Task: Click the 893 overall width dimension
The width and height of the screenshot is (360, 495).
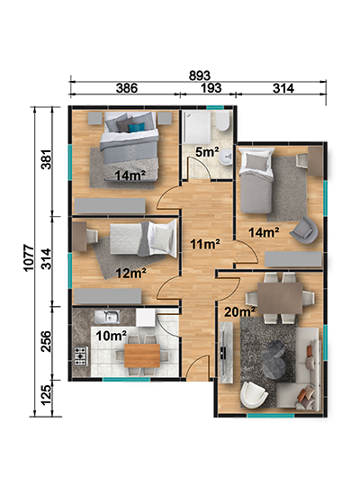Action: (x=200, y=76)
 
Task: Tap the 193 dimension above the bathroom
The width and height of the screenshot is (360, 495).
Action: (x=211, y=88)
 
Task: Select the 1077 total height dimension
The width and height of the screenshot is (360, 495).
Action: (x=29, y=257)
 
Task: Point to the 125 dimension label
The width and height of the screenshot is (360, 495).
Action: (x=46, y=394)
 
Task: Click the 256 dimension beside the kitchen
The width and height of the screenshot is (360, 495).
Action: (x=46, y=341)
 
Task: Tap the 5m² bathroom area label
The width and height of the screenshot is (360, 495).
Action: (x=207, y=152)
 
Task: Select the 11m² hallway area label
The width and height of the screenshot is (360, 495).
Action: (x=205, y=244)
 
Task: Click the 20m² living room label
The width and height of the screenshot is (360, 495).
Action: (x=239, y=312)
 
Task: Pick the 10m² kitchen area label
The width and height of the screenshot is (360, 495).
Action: (x=112, y=336)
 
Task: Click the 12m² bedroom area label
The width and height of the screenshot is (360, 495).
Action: (x=130, y=273)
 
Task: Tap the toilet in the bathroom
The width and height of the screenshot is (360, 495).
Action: (x=223, y=121)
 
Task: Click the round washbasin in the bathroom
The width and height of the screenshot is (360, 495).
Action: (x=226, y=157)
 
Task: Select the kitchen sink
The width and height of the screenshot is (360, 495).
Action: (x=107, y=317)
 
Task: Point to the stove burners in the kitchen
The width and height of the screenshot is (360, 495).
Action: (x=81, y=356)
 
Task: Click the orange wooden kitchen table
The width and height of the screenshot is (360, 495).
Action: (x=142, y=355)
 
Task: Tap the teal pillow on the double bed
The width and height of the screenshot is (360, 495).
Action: (x=137, y=128)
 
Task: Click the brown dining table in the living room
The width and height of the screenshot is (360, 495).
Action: (x=280, y=298)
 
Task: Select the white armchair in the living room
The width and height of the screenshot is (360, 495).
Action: (x=254, y=395)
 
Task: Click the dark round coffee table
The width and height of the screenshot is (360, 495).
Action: (x=274, y=357)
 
